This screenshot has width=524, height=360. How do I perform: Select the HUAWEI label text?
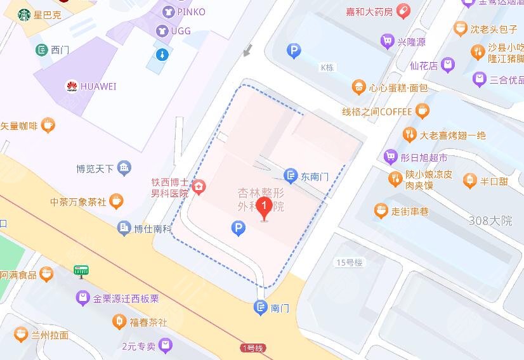pos(98,86)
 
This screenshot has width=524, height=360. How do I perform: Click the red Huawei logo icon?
pos(72,86)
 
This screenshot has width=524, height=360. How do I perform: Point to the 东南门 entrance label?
pos(314,177)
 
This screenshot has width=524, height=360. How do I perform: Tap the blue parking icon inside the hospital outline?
pos(239,229)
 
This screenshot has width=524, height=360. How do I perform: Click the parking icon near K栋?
pos(293,51)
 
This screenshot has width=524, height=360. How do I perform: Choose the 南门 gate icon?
pos(261,308)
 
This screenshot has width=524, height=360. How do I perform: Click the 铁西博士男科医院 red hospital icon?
pos(199,186)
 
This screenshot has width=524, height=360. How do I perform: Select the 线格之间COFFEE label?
pos(377,112)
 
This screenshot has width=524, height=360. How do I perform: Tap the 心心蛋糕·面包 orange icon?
pos(359,87)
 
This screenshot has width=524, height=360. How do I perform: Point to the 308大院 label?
pos(490,221)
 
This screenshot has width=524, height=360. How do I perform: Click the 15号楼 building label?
pos(349,262)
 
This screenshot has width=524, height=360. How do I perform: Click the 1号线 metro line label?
pos(252,348)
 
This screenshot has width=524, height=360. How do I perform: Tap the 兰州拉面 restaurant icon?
pos(21,335)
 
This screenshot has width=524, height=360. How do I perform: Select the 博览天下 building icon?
pos(124,168)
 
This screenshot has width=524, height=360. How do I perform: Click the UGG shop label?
pos(180,30)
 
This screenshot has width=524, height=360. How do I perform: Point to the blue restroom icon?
pos(163,55)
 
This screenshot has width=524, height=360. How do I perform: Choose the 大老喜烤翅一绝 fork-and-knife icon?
pos(409,134)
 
